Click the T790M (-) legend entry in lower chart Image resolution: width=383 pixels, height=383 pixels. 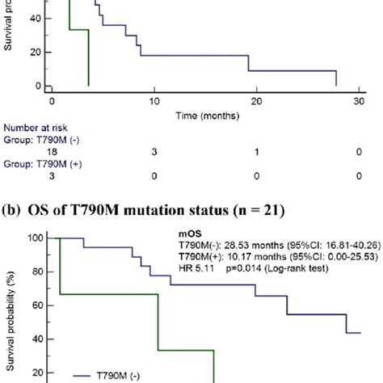(x=105, y=375)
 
